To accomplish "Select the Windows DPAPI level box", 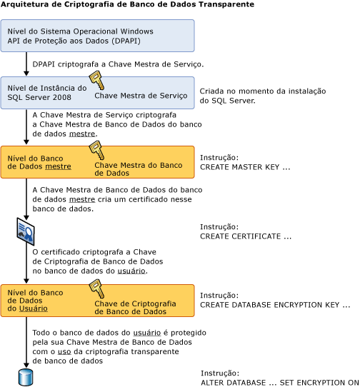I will [97, 36].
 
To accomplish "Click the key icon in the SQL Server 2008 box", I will [96, 79].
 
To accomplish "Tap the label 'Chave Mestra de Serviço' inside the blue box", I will [141, 95].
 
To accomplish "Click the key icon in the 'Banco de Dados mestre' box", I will [96, 149].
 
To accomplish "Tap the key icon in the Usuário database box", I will [96, 288].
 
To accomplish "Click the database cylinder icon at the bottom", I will [26, 376].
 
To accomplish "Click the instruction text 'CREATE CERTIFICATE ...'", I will [246, 236].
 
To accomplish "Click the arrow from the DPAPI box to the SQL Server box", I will [26, 64].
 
